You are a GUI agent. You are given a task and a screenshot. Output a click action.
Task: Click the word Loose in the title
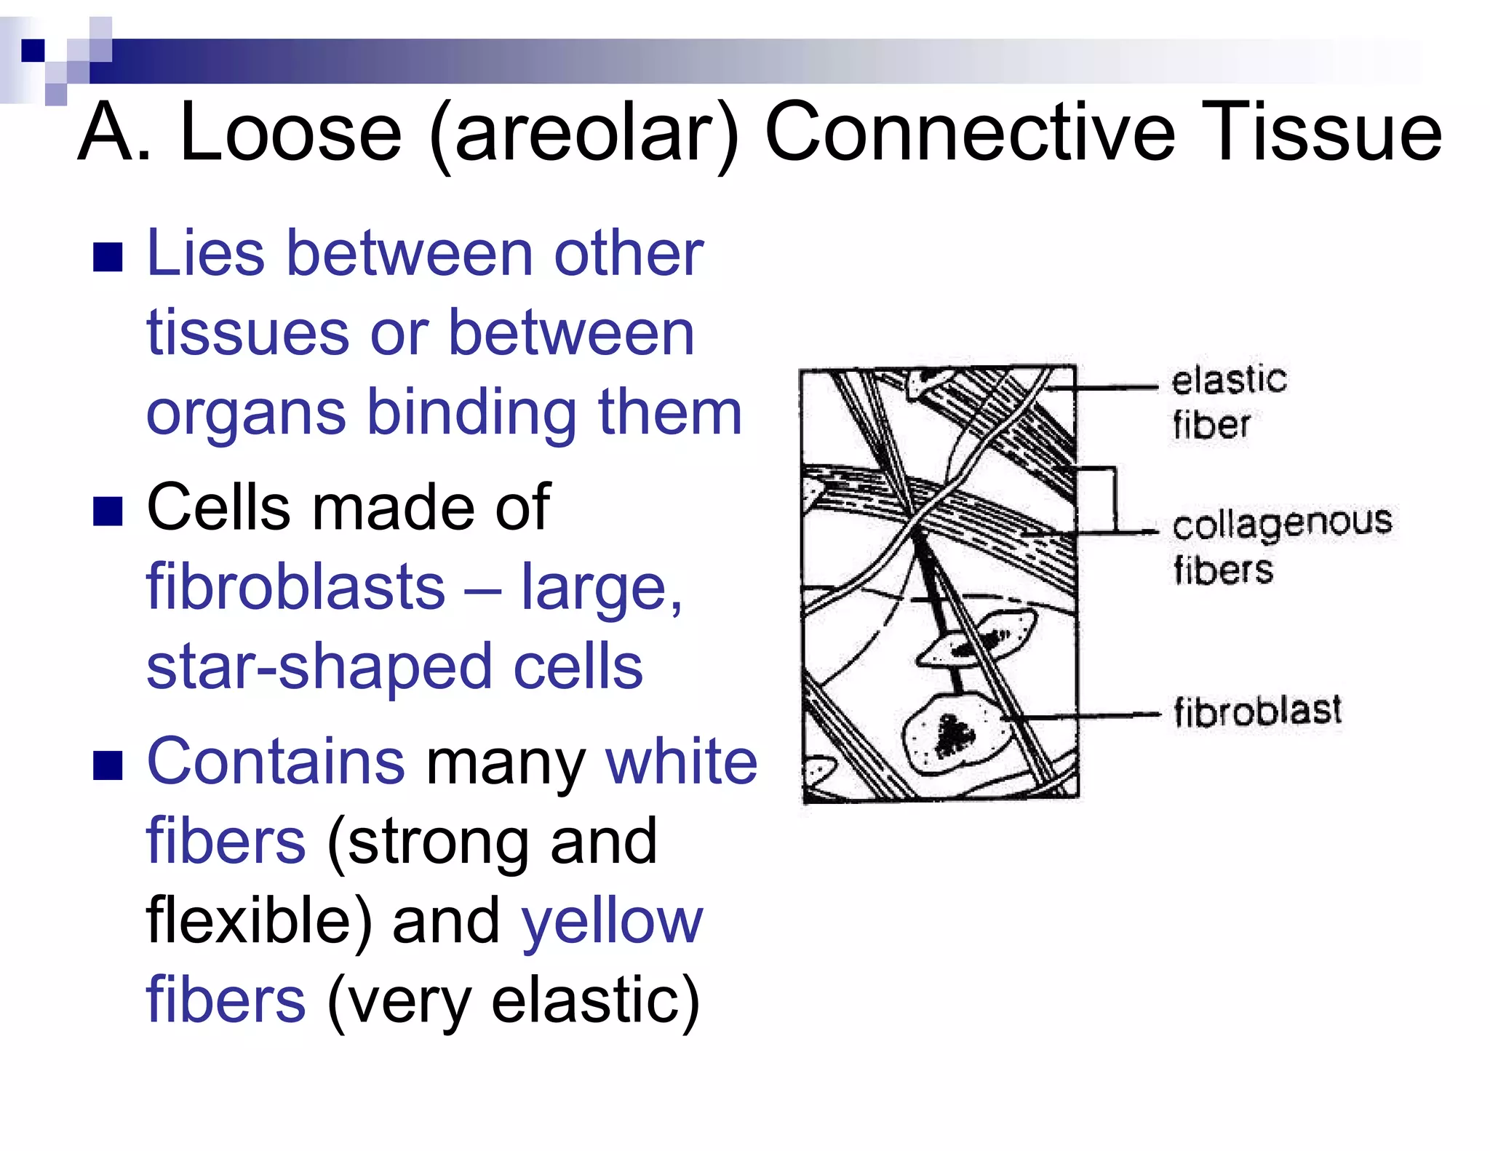click(x=290, y=133)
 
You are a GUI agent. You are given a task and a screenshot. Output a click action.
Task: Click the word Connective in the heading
click(x=970, y=133)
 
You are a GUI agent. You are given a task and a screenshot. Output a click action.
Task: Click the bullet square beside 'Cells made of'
click(x=108, y=511)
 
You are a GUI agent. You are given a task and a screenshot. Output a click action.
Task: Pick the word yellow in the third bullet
click(x=612, y=920)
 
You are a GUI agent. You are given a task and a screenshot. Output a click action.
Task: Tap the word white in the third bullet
click(x=681, y=761)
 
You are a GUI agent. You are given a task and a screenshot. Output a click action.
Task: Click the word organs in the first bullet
click(x=246, y=413)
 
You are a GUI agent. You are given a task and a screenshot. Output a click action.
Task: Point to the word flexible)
click(x=258, y=920)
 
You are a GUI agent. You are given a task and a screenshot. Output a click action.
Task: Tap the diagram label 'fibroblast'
click(x=1256, y=711)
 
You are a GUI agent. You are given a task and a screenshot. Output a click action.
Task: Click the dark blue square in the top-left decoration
click(x=33, y=50)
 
